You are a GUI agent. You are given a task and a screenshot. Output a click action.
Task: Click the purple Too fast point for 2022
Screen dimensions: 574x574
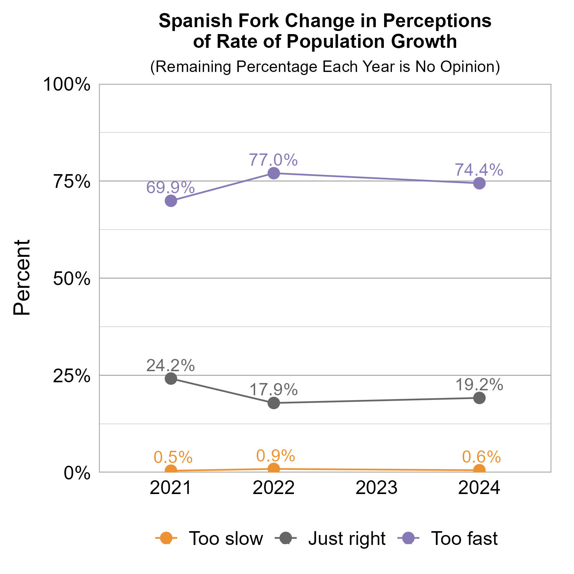point(274,173)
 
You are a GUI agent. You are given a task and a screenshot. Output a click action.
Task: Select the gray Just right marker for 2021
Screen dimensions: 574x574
point(171,378)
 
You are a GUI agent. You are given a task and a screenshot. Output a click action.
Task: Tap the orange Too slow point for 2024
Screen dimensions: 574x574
point(479,470)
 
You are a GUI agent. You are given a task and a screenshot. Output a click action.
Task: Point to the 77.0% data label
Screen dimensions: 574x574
point(273,160)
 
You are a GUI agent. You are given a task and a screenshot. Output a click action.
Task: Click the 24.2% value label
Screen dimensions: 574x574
point(171,365)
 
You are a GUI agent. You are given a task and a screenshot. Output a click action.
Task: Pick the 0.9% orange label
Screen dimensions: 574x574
point(276,455)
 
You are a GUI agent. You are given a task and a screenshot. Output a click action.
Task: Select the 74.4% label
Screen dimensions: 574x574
point(479,170)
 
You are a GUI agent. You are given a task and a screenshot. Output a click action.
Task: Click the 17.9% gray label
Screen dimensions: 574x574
point(273,390)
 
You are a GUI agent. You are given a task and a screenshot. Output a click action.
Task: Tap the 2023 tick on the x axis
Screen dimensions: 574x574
point(377,488)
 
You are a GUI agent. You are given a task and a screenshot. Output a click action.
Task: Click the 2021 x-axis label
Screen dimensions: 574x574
point(171,488)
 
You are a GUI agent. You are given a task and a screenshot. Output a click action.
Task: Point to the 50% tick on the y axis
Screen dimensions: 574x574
point(72,279)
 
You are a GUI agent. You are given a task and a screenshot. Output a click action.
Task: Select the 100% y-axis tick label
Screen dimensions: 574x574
point(67,85)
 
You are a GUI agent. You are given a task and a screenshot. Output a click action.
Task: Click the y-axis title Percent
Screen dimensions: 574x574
point(22,277)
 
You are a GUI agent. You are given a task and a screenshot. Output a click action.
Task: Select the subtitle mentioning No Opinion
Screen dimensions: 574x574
point(325,67)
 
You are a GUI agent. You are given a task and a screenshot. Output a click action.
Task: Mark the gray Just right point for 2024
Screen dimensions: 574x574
point(479,398)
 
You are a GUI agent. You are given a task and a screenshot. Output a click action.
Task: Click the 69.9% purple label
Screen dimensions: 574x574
point(171,188)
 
